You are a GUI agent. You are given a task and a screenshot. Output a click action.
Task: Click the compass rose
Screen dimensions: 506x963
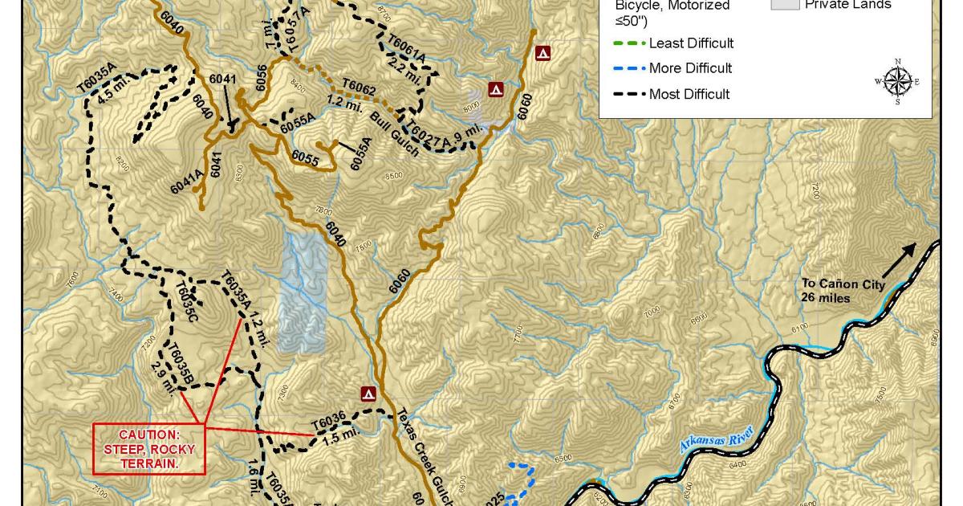(897, 82)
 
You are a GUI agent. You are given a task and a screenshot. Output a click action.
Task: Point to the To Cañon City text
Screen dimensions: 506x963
(843, 290)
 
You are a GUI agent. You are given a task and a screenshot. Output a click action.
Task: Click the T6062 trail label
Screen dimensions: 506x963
(359, 86)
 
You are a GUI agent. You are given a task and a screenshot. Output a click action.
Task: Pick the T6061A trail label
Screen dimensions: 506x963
(406, 48)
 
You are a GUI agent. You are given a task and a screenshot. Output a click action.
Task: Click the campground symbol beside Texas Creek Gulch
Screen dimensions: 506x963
(368, 394)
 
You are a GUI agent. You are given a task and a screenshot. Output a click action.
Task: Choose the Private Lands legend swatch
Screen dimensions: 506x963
(785, 4)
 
